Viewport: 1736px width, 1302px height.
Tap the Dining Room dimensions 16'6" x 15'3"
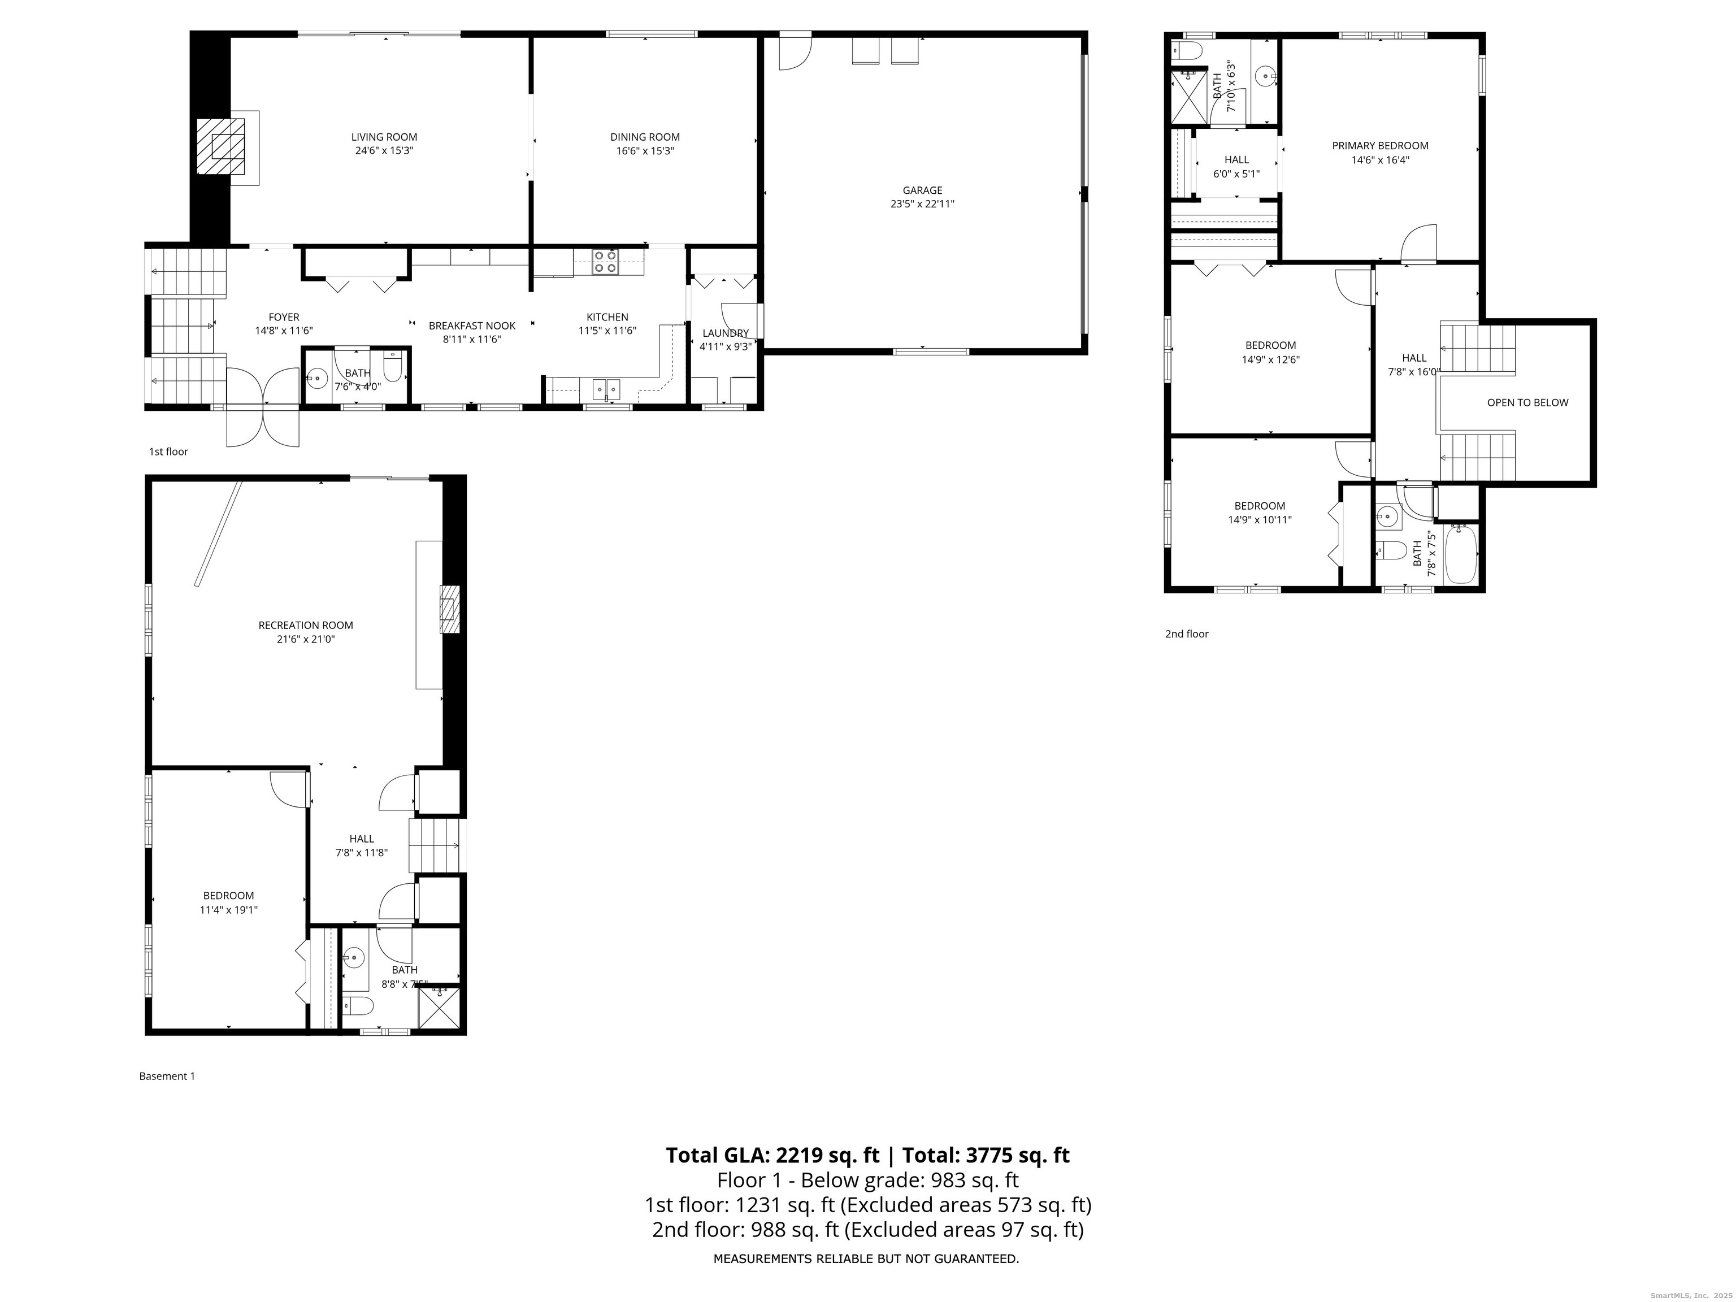click(x=645, y=151)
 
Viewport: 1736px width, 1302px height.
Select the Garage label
click(x=922, y=190)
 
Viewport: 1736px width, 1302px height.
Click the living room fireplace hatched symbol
click(x=220, y=147)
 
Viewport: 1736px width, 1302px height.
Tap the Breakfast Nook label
click(x=472, y=325)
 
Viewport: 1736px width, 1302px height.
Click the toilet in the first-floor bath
click(x=392, y=367)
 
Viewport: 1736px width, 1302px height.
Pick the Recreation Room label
click(x=306, y=626)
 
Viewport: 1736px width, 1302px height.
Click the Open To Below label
click(x=1527, y=402)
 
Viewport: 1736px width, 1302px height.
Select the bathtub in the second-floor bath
click(x=1461, y=554)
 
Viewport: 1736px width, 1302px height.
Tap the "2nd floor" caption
click(x=1187, y=634)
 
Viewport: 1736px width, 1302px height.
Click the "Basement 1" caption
click(x=167, y=1076)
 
